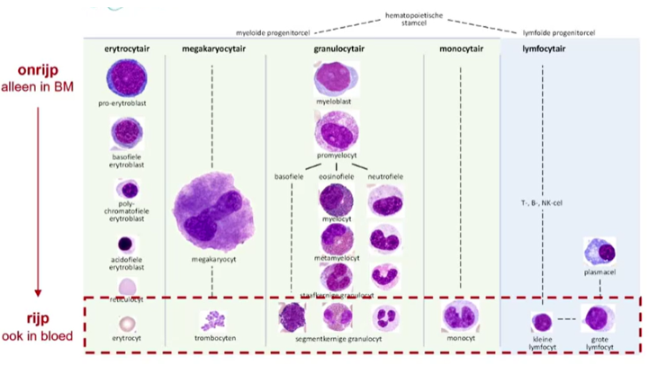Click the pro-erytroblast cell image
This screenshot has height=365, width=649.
pyautogui.click(x=126, y=78)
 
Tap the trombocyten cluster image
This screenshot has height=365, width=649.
pyautogui.click(x=213, y=320)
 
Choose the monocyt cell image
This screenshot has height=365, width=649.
pyautogui.click(x=459, y=317)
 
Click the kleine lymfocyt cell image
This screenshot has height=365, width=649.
pyautogui.click(x=542, y=321)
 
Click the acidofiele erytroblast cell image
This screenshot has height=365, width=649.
pyautogui.click(x=127, y=244)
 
